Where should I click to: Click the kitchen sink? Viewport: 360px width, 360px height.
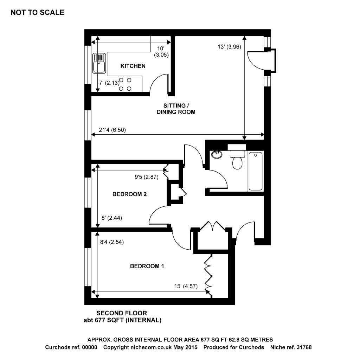pos(99,63)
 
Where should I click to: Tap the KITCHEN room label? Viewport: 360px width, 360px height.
pos(133,66)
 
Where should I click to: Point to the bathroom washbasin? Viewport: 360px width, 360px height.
pos(217,154)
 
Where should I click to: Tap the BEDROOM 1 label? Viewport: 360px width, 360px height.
pos(147,266)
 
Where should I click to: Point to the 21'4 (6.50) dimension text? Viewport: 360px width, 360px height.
pos(112,130)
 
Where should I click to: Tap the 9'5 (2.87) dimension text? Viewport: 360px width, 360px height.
pos(147,178)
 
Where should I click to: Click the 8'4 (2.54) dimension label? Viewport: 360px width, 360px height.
pos(112,242)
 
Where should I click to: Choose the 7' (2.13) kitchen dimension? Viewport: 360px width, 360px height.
pos(108,83)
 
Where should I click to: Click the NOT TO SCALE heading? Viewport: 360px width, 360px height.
pos(38,13)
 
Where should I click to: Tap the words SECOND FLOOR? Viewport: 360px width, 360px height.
pos(122,313)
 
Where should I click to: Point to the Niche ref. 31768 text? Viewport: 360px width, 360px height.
pos(291,347)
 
